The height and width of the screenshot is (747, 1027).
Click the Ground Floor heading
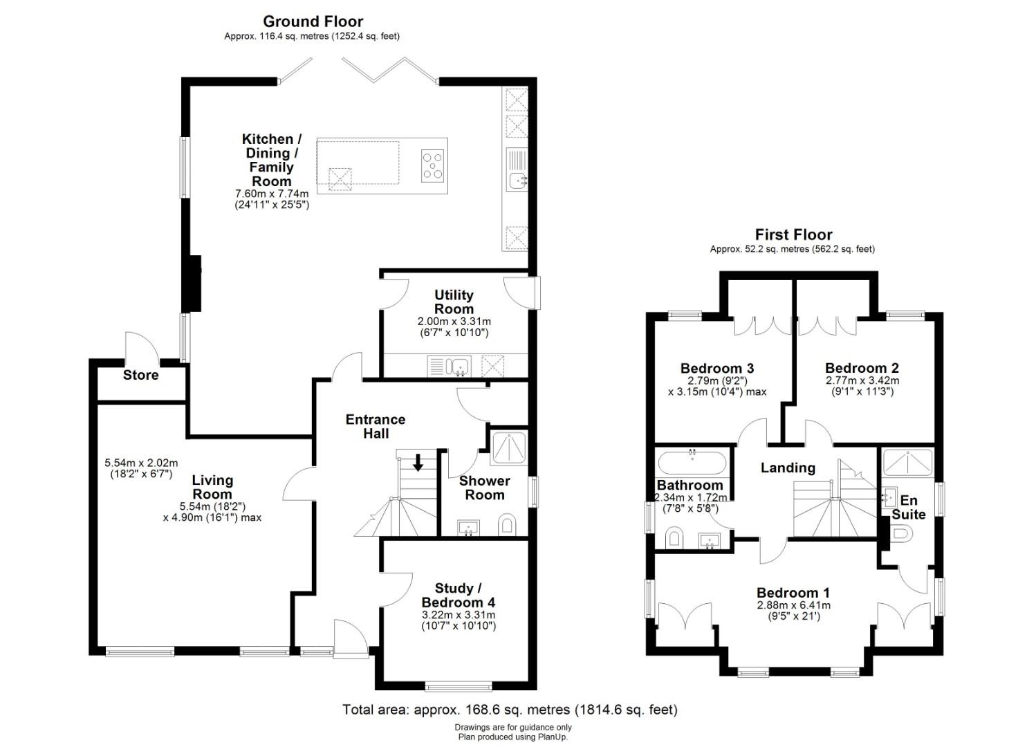pyautogui.click(x=313, y=21)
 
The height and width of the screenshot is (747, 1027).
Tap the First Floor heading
pyautogui.click(x=793, y=234)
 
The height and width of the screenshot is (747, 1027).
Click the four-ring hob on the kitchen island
pyautogui.click(x=432, y=166)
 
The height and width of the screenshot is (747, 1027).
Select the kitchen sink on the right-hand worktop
pyautogui.click(x=517, y=181)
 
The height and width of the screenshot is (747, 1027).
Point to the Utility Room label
pyautogui.click(x=454, y=302)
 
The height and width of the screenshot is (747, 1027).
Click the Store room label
pyautogui.click(x=140, y=375)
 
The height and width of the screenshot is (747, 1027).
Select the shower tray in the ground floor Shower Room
pyautogui.click(x=508, y=448)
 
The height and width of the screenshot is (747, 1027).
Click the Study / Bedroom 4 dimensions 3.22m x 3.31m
pyautogui.click(x=459, y=614)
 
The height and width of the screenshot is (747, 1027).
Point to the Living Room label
pyautogui.click(x=212, y=487)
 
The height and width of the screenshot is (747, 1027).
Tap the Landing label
pyautogui.click(x=788, y=468)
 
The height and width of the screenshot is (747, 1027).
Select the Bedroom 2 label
pyautogui.click(x=862, y=368)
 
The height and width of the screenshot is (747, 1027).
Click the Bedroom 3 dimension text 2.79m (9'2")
pyautogui.click(x=717, y=380)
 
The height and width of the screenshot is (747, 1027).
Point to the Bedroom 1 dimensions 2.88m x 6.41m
pyautogui.click(x=793, y=605)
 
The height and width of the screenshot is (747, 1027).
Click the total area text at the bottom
pyautogui.click(x=510, y=710)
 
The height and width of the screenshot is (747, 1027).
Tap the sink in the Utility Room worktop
pyautogui.click(x=457, y=365)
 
